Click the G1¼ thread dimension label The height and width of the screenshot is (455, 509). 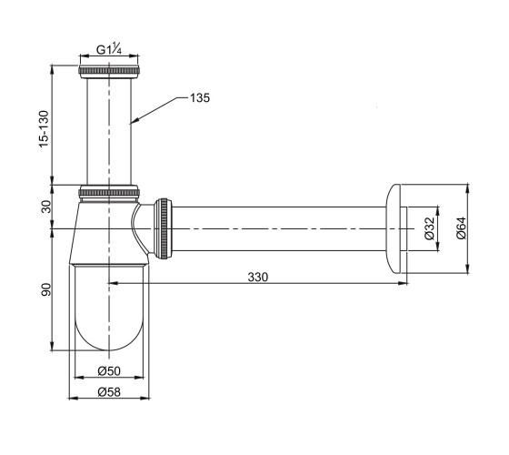point(109,49)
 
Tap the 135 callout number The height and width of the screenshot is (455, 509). point(200,98)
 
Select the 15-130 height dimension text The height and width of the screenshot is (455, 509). point(44,129)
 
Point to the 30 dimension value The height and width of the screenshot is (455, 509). point(46,207)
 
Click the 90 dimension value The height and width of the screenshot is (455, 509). point(46,289)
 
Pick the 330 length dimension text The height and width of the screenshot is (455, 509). point(258,278)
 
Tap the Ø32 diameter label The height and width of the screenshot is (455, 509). point(429,228)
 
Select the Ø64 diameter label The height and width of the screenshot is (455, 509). point(462,228)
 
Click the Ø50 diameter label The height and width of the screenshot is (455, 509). point(109,371)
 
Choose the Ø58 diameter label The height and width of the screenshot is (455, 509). point(109,392)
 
